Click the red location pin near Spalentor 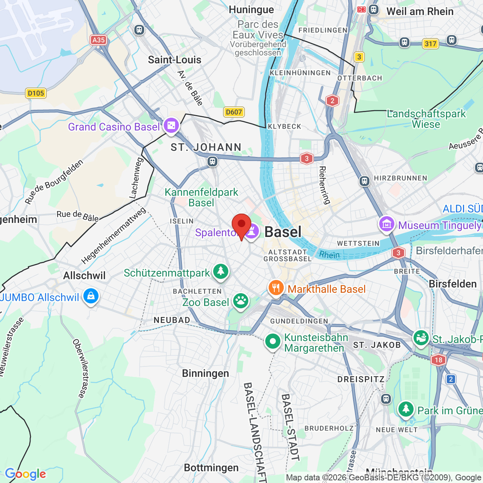(x=241, y=225)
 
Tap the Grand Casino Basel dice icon (x=171, y=126)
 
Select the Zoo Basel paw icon (x=240, y=301)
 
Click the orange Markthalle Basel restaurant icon (x=276, y=288)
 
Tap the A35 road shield (x=98, y=40)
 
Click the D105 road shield (x=36, y=93)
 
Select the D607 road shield (x=234, y=112)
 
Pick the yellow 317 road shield (x=430, y=44)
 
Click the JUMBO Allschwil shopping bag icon (x=91, y=297)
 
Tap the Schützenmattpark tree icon (x=221, y=272)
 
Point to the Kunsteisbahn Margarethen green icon (x=273, y=342)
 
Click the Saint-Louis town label (x=174, y=60)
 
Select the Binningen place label (x=205, y=373)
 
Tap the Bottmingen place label (x=211, y=468)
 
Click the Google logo (x=25, y=474)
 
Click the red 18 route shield (x=438, y=360)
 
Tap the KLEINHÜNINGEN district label (x=300, y=73)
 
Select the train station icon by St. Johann (x=212, y=162)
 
